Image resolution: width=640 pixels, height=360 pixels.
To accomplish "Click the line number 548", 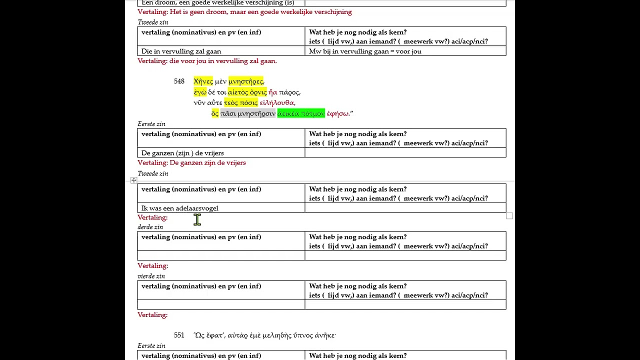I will pyautogui.click(x=179, y=81).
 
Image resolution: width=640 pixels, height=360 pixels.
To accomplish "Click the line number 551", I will pyautogui.click(x=179, y=335).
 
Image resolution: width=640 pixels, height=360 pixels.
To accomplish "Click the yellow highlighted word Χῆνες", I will pyautogui.click(x=203, y=81).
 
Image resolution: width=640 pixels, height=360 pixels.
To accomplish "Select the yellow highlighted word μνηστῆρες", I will pyautogui.click(x=245, y=81).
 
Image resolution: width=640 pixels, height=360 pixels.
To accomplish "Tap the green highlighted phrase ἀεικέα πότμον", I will pyautogui.click(x=301, y=113).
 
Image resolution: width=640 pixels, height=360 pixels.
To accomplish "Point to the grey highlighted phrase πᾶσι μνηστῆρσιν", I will pyautogui.click(x=248, y=113).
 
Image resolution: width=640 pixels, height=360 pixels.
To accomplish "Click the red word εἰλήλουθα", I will pyautogui.click(x=277, y=103).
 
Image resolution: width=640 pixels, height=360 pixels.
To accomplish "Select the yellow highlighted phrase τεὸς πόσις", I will pyautogui.click(x=240, y=103).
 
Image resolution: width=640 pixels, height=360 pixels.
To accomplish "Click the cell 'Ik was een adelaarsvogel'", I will pyautogui.click(x=180, y=208).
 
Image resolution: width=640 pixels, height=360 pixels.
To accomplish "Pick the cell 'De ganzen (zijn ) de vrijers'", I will pyautogui.click(x=182, y=153).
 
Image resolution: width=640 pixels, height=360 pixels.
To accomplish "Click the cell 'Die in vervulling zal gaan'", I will pyautogui.click(x=181, y=51).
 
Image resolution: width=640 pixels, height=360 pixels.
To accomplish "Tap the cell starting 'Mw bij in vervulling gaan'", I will pyautogui.click(x=365, y=51).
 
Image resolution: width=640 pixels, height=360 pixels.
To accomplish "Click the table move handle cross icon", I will pyautogui.click(x=133, y=180).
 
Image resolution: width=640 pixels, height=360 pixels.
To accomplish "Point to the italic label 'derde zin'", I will pyautogui.click(x=150, y=227).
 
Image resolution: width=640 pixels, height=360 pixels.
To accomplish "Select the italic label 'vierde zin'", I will pyautogui.click(x=151, y=276).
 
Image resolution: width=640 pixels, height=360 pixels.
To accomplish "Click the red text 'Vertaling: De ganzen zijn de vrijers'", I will pyautogui.click(x=191, y=162).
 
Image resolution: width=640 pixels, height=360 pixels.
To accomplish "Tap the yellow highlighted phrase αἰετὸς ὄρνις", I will pyautogui.click(x=247, y=92).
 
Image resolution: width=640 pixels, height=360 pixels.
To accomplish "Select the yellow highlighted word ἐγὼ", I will pyautogui.click(x=200, y=92).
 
